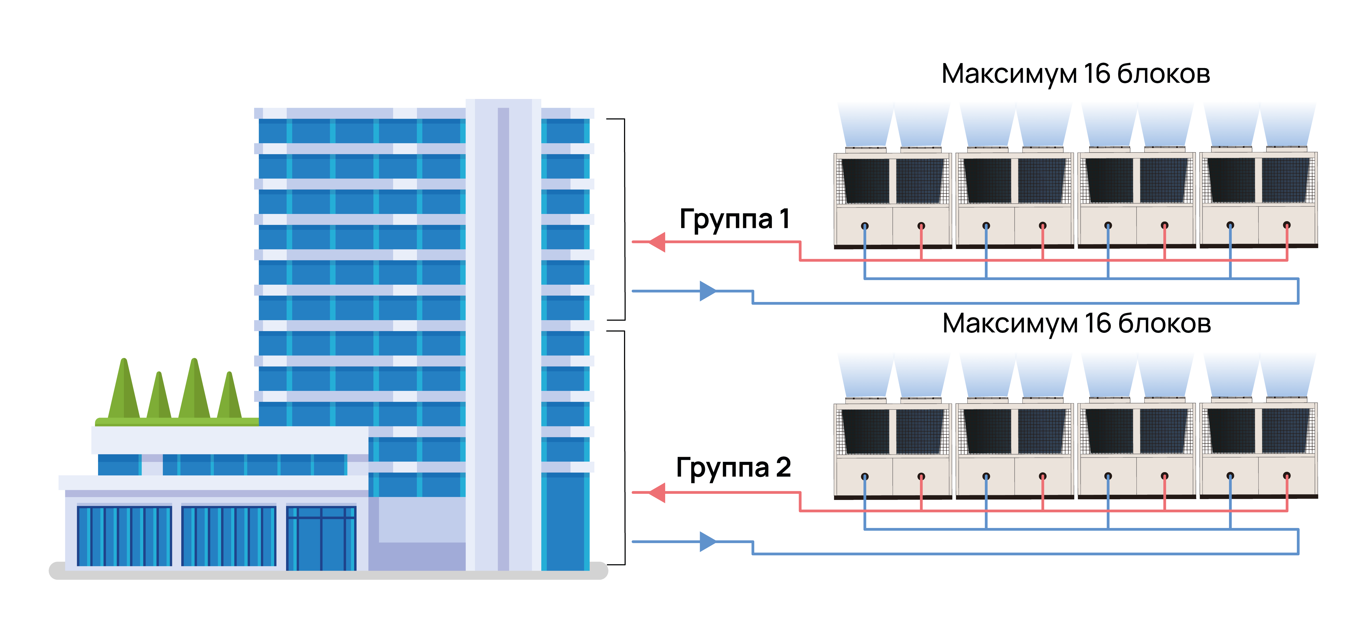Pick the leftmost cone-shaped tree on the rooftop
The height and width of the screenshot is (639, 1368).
124,390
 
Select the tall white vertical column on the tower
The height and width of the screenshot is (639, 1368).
503,335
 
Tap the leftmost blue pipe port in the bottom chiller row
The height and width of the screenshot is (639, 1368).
865,477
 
